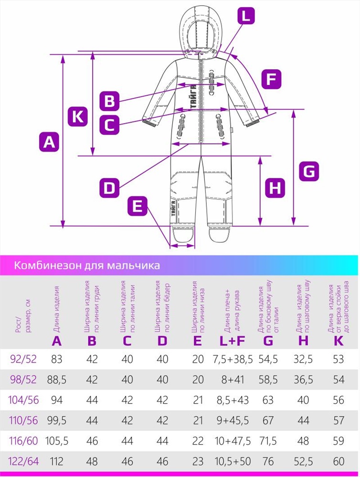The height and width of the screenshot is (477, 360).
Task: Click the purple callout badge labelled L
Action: click(x=245, y=16)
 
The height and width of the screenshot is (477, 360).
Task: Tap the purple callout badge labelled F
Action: click(x=271, y=79)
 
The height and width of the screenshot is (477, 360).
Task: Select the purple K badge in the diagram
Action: click(x=78, y=116)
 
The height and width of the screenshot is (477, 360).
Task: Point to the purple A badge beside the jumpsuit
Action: click(x=49, y=142)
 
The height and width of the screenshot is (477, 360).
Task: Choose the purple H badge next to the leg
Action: click(x=275, y=187)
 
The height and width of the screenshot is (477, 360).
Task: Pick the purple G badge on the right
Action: click(x=309, y=171)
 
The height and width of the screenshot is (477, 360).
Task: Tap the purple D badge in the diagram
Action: click(x=109, y=187)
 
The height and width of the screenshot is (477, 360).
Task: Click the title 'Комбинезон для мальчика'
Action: click(x=87, y=265)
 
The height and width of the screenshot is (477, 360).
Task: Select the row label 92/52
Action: click(x=23, y=359)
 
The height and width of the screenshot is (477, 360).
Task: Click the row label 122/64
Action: click(x=23, y=461)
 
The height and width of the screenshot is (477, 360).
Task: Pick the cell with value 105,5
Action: click(x=57, y=441)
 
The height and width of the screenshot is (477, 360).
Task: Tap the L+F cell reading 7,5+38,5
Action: click(x=233, y=359)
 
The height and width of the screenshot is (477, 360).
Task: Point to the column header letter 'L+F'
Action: click(x=233, y=341)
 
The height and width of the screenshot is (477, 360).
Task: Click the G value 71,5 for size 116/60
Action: click(x=268, y=441)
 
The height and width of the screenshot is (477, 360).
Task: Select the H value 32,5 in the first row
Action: click(x=303, y=359)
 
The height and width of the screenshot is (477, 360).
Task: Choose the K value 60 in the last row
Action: click(x=339, y=461)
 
